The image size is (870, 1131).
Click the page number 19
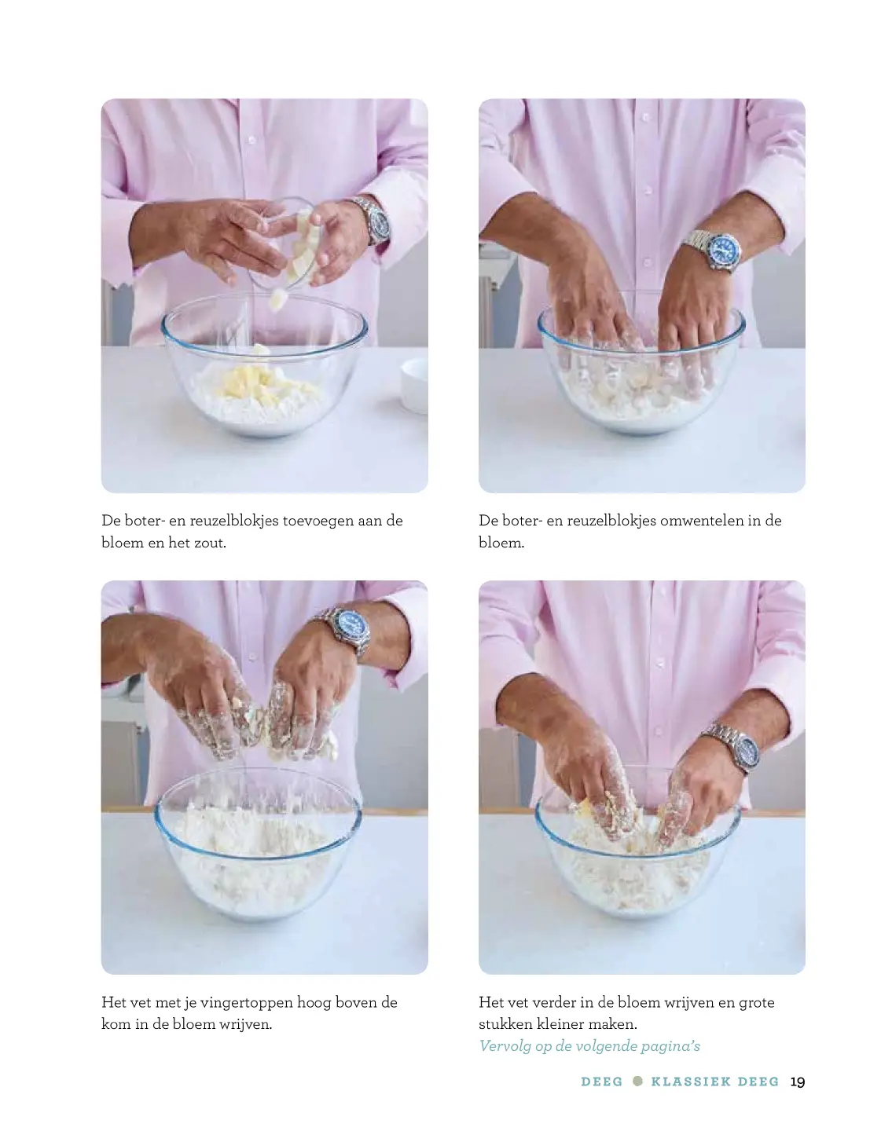pyautogui.click(x=797, y=1082)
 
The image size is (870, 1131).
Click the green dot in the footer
pyautogui.click(x=637, y=1082)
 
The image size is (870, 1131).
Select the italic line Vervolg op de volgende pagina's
pyautogui.click(x=589, y=1045)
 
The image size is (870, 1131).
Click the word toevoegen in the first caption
pyautogui.click(x=317, y=522)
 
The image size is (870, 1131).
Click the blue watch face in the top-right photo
pyautogui.click(x=724, y=251)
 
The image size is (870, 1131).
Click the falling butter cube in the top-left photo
pyautogui.click(x=277, y=300)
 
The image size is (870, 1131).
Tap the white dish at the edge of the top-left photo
pyautogui.click(x=414, y=385)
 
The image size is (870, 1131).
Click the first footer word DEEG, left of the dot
pyautogui.click(x=601, y=1082)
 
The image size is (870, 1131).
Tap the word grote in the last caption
pyautogui.click(x=757, y=1003)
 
